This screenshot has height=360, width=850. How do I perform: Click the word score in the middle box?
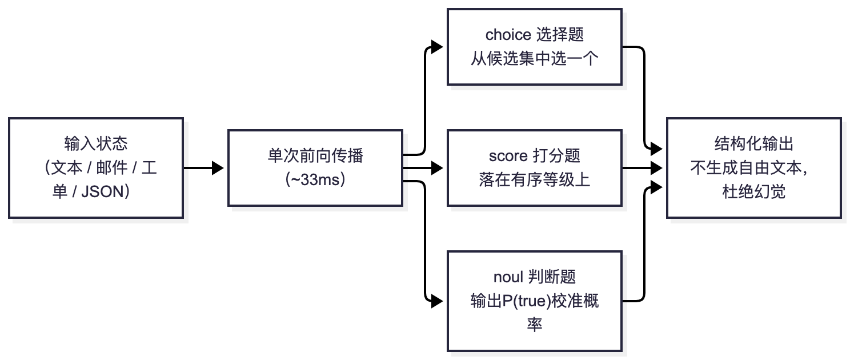tap(508, 155)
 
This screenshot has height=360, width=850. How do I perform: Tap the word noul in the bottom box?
tap(508, 277)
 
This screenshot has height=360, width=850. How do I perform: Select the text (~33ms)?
tap(315, 179)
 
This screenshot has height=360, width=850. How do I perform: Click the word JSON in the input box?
tap(103, 192)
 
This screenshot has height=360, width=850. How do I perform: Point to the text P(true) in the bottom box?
tap(526, 301)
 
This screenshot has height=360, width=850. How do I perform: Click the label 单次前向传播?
tap(315, 155)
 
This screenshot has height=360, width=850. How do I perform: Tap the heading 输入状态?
tap(96, 143)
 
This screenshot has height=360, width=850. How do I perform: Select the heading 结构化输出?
tap(754, 143)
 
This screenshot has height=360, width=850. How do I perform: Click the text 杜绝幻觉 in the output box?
tap(754, 192)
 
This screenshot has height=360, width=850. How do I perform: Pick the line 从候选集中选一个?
tap(535, 59)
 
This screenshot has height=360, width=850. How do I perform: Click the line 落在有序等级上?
tap(535, 179)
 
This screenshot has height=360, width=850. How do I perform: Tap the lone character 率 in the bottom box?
tap(535, 325)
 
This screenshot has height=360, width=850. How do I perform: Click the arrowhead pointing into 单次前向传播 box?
tap(218, 168)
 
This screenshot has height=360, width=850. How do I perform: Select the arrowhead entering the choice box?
tap(437, 47)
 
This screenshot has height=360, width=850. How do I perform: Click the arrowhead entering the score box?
tap(437, 168)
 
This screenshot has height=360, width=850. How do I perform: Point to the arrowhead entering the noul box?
tap(437, 302)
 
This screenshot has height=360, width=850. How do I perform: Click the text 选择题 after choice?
tap(560, 35)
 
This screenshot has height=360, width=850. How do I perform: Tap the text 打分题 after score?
tap(556, 155)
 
